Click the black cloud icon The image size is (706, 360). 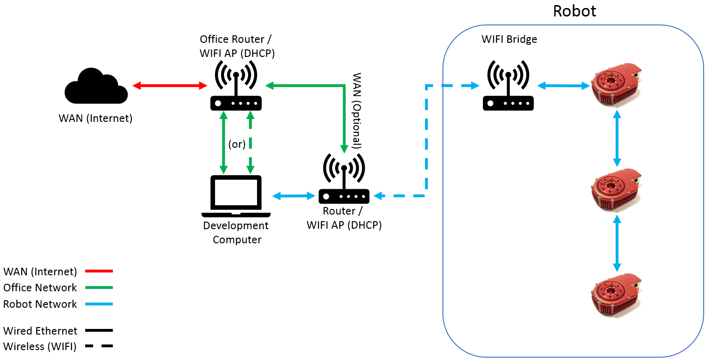click(x=96, y=87)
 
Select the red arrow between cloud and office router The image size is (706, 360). click(x=170, y=86)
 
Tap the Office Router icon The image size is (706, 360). click(x=236, y=87)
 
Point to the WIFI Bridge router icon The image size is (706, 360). click(x=508, y=87)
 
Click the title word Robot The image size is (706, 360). click(x=574, y=11)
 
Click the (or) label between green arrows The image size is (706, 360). click(x=237, y=144)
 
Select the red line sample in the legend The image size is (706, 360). click(x=99, y=271)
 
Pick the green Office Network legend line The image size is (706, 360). click(x=99, y=288)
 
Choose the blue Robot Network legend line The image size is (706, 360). click(x=99, y=304)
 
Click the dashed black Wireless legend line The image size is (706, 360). click(x=99, y=346)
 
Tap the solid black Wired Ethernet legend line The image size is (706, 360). click(x=99, y=330)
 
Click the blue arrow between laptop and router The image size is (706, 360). click(x=294, y=195)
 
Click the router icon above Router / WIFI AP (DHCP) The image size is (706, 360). click(x=344, y=181)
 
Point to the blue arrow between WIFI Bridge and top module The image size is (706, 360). click(x=564, y=86)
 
